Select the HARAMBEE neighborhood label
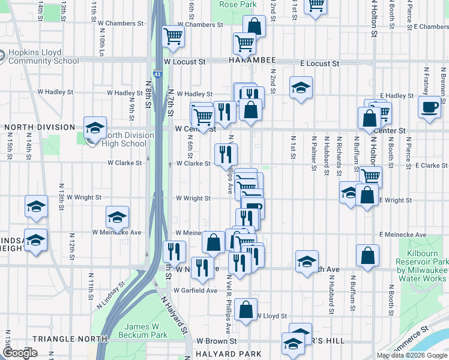(252, 61)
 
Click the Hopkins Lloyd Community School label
(43, 56)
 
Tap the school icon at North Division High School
(95, 128)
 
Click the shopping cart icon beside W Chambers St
(173, 36)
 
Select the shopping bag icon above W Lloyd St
(246, 310)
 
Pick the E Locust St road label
(320, 63)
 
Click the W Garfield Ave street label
(195, 290)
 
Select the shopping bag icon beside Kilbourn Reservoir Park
(367, 256)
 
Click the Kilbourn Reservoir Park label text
(421, 270)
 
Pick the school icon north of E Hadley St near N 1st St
(301, 88)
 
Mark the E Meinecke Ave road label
(402, 235)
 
